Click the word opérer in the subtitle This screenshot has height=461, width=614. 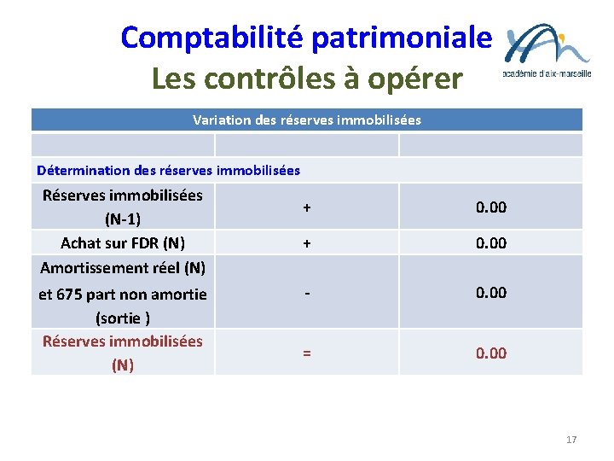coord(417,79)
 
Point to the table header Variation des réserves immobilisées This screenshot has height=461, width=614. coord(307,120)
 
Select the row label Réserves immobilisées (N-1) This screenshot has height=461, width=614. coord(123,207)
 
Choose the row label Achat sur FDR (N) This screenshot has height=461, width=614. coord(123,242)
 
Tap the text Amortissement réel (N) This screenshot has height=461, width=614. coord(123,267)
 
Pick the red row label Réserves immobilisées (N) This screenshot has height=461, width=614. coord(123,353)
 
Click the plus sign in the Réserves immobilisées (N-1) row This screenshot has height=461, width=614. coord(306,207)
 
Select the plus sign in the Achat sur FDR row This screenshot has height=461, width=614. coord(306,242)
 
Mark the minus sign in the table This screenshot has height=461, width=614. coord(306,292)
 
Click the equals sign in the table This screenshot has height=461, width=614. coord(306,353)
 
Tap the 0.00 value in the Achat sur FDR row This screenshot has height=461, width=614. coord(491,242)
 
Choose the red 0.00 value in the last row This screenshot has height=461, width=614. coord(491,353)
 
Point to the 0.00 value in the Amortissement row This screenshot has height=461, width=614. coord(491,292)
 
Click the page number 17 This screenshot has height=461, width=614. coord(571,440)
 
